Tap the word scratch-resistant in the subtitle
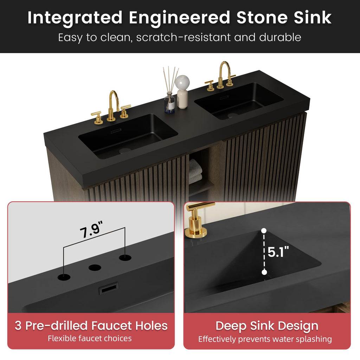(x=183, y=37)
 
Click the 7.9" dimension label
(x=91, y=230)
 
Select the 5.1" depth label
(x=278, y=252)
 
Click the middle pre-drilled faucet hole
(x=95, y=268)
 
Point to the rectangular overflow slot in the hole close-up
(x=109, y=288)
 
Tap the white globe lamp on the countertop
(x=182, y=91)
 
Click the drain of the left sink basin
(x=125, y=150)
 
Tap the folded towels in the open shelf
(x=195, y=172)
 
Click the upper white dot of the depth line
(x=264, y=231)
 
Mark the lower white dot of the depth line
(x=264, y=272)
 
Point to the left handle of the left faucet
(x=98, y=118)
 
